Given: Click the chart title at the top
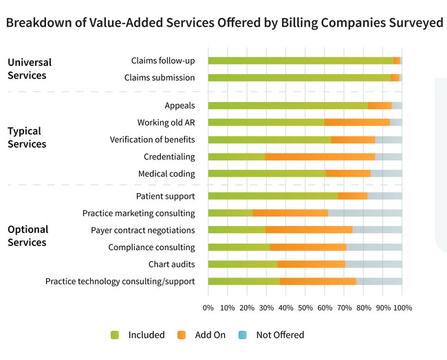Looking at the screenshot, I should click(x=224, y=23).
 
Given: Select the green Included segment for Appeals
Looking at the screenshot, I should click(x=287, y=106).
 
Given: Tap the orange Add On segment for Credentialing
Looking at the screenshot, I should click(x=320, y=157).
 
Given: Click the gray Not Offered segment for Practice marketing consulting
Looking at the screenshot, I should click(x=364, y=213).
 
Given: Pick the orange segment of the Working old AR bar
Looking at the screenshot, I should click(x=357, y=122).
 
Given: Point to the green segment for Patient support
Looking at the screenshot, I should click(x=272, y=196).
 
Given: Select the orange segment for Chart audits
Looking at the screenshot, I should click(x=311, y=264).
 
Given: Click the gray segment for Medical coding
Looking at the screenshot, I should click(x=386, y=173).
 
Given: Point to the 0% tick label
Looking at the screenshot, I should click(x=208, y=308).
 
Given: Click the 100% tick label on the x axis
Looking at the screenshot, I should click(x=402, y=308).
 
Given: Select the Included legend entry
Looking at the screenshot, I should click(x=138, y=335).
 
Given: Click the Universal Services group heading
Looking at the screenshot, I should click(x=30, y=68).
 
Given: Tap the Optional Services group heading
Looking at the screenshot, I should click(x=28, y=236).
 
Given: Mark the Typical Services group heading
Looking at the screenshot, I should click(x=27, y=137).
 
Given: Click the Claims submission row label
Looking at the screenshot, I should click(x=160, y=78).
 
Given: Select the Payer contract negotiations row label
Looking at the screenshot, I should click(x=143, y=230).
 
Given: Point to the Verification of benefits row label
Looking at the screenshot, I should click(x=152, y=139).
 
